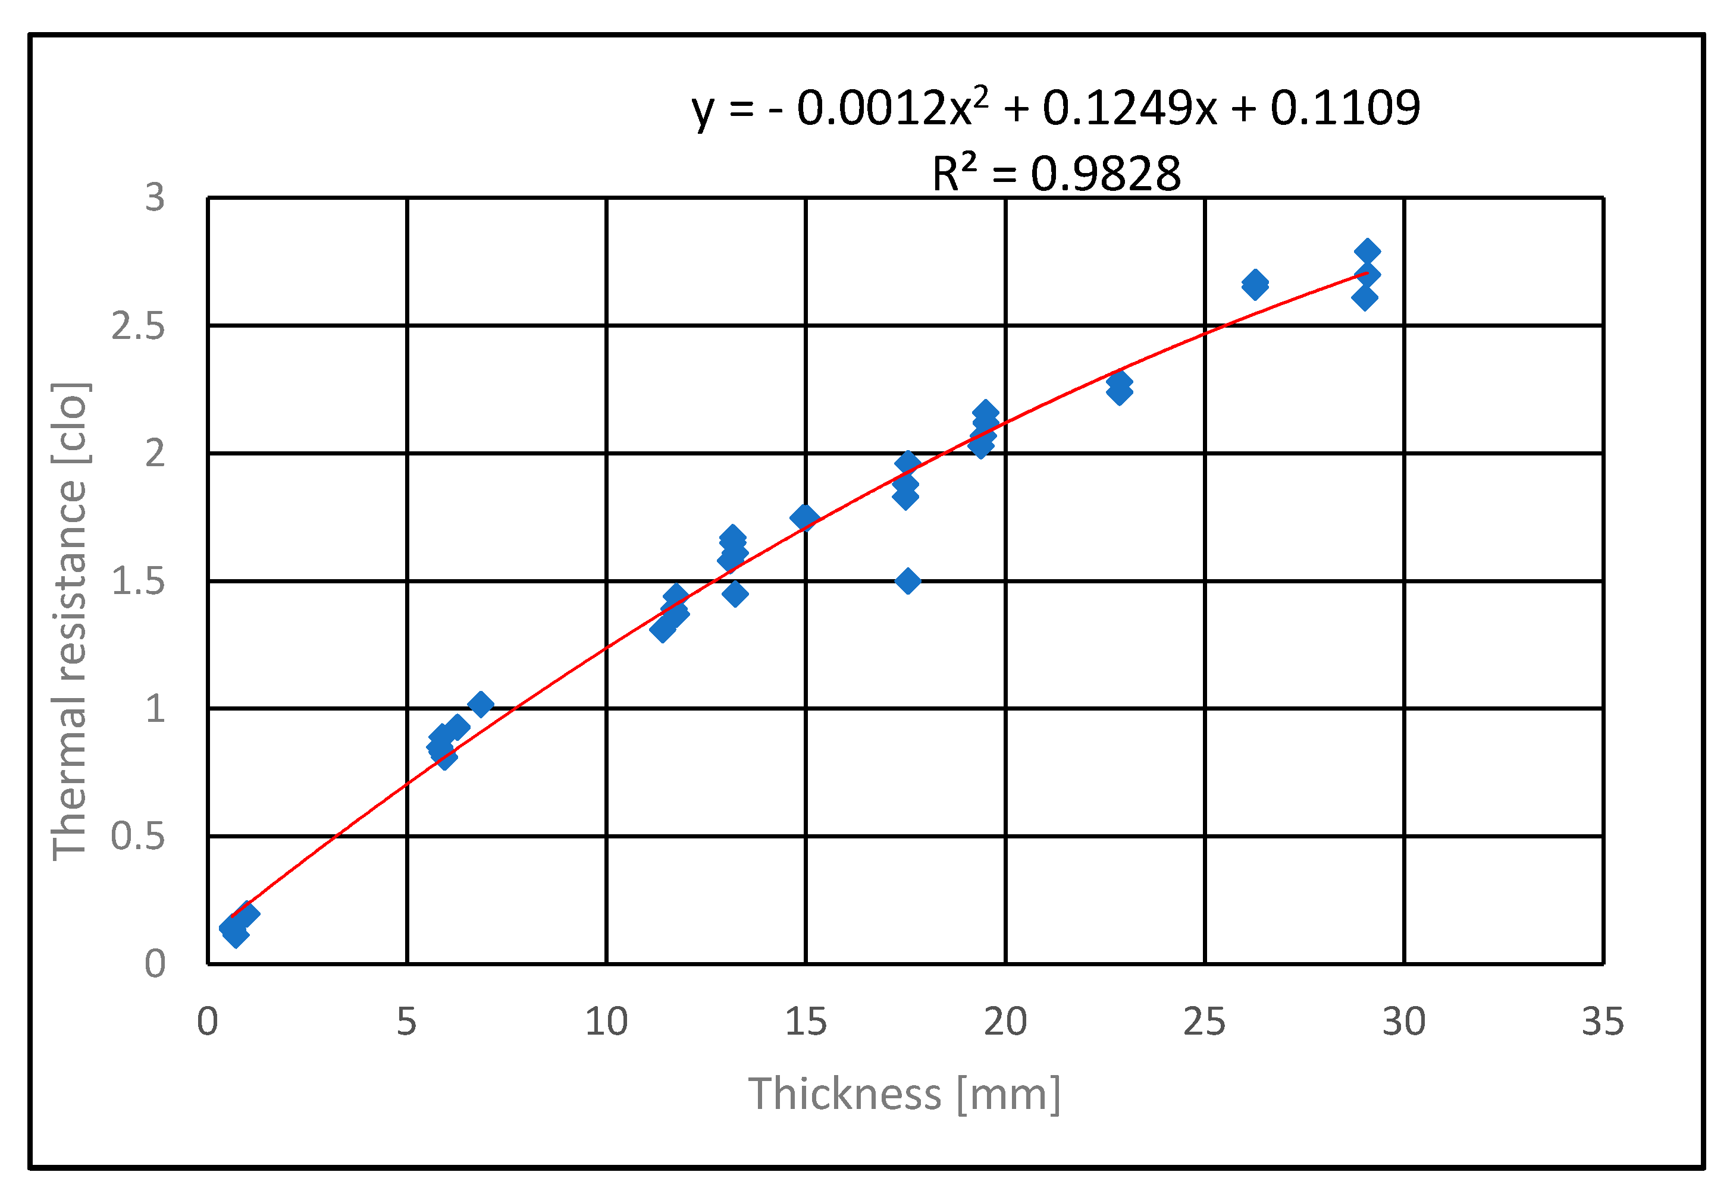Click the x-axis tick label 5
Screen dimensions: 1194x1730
[x=406, y=1022]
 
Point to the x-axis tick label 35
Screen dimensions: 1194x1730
[x=1603, y=1022]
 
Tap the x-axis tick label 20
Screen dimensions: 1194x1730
[x=1005, y=1022]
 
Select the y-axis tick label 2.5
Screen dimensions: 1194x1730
[x=139, y=326]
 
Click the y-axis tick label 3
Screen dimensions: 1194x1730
[x=155, y=198]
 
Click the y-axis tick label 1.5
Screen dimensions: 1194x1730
[x=139, y=582]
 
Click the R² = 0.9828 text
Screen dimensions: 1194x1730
[x=1056, y=174]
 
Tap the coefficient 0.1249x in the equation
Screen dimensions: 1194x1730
[x=1130, y=108]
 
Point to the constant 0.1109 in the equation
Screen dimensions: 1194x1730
[x=1344, y=108]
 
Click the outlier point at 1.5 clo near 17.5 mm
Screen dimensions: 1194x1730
[x=908, y=582]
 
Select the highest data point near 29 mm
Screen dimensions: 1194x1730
[x=1367, y=252]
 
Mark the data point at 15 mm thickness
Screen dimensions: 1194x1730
[x=804, y=517]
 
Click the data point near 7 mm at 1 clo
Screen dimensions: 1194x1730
[x=480, y=704]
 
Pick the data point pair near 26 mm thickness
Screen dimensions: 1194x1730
[x=1255, y=285]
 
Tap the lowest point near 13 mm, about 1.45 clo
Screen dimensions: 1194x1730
[x=735, y=594]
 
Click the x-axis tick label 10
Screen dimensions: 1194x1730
[x=606, y=1022]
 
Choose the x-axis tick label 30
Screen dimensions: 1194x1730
[x=1404, y=1022]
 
